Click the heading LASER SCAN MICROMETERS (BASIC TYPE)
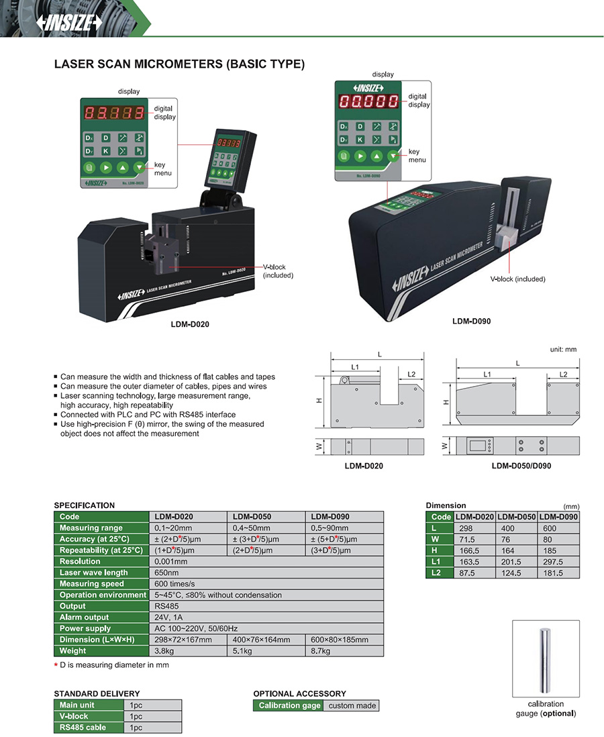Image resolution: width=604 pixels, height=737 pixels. tap(179, 64)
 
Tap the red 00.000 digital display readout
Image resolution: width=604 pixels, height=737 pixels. tap(368, 102)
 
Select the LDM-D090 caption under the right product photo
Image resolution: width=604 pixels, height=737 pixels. tap(471, 321)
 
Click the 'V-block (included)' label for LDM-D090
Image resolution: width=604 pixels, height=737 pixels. tap(517, 279)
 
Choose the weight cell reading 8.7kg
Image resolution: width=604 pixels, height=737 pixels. tap(321, 650)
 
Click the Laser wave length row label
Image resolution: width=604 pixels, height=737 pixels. tap(93, 573)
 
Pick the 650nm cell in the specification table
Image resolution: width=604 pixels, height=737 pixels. tap(167, 573)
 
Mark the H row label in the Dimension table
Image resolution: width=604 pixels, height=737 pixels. tap(435, 550)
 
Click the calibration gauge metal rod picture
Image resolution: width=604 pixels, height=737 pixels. tap(546, 661)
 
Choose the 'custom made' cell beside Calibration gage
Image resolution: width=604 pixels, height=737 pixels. tap(351, 705)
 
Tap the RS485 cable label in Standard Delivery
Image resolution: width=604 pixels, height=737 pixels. tap(83, 727)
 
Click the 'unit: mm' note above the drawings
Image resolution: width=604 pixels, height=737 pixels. tap(562, 349)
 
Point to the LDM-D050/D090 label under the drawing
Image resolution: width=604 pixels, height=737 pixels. tap(521, 466)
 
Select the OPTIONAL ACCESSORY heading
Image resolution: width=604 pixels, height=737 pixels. tap(299, 693)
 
